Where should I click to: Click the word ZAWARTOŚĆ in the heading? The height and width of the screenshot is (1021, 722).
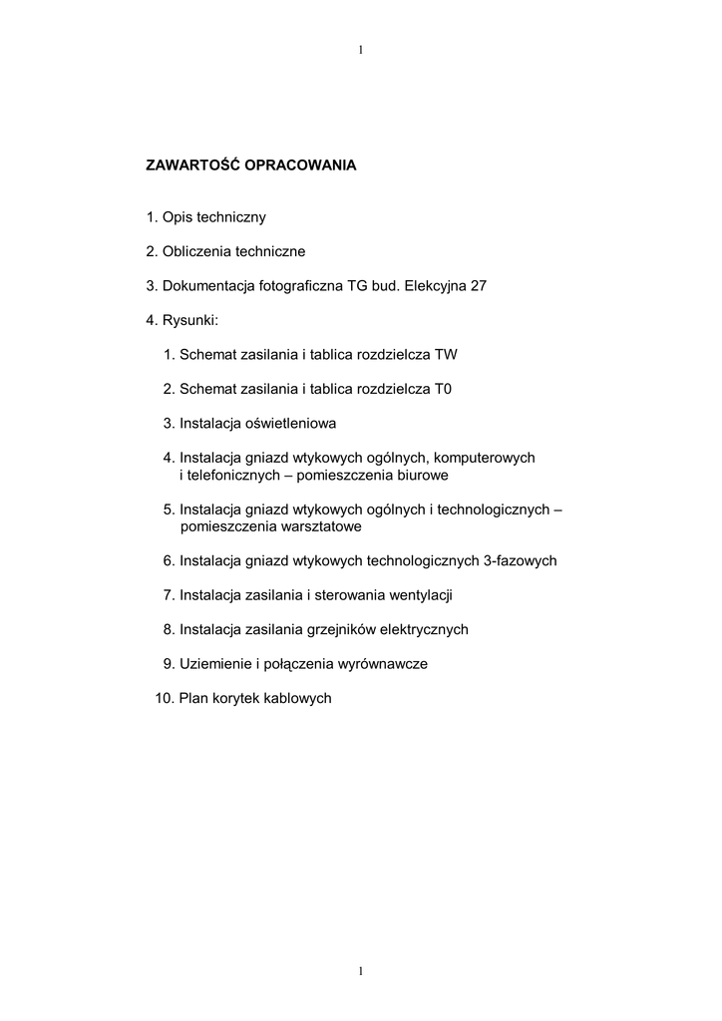(190, 166)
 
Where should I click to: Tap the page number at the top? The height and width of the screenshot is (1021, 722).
(360, 49)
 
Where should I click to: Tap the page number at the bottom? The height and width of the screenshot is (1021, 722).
(360, 970)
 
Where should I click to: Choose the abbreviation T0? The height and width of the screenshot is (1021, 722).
(444, 389)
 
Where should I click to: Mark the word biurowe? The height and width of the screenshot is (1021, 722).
(421, 476)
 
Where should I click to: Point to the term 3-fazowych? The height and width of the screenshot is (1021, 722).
(520, 561)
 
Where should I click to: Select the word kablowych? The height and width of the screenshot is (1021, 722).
(298, 698)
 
